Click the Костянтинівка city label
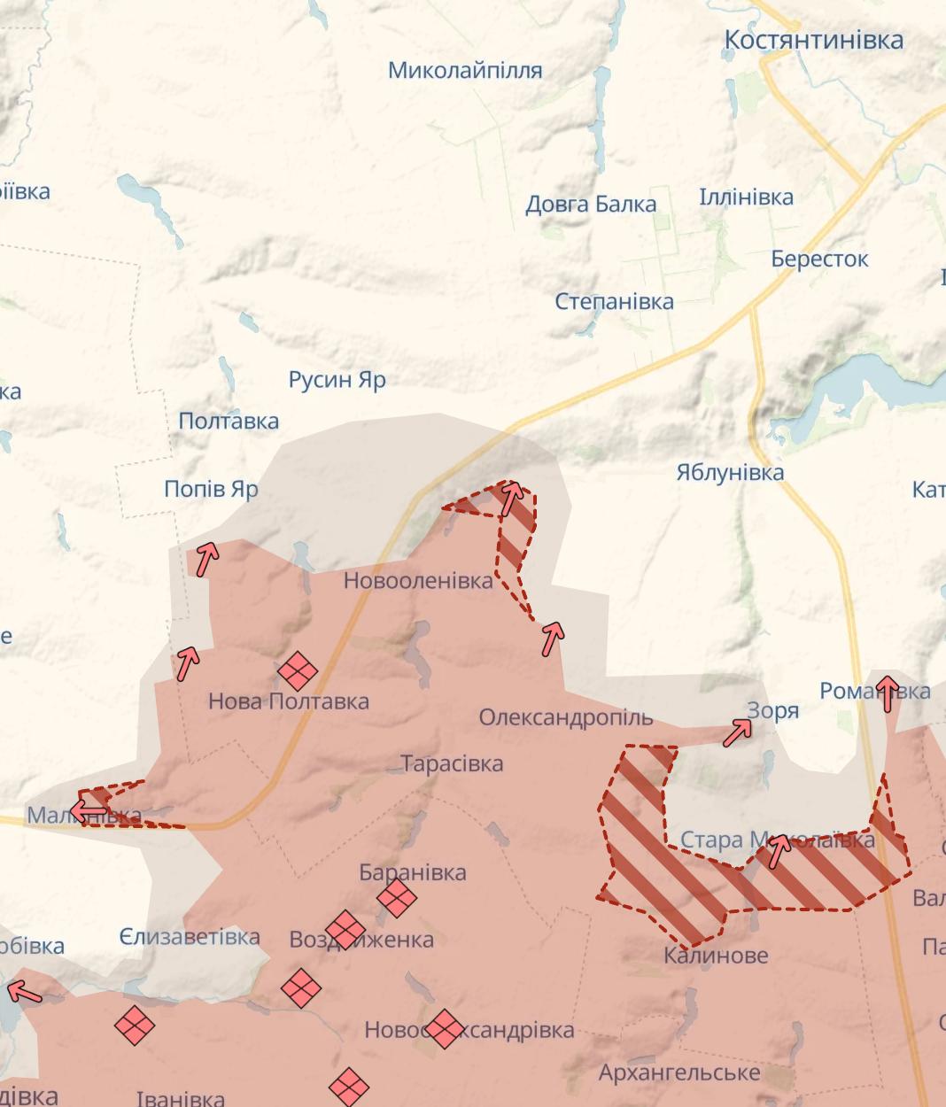coord(813,40)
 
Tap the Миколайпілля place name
coord(465,70)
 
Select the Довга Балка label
coord(591,205)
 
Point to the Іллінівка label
coord(746,197)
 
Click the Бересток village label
coord(819,259)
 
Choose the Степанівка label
coord(614,301)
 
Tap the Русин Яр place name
coord(337,380)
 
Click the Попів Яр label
coord(211,489)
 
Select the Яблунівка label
coord(730,472)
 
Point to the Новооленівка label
coord(418,581)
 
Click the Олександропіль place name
coord(565,717)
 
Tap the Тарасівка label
coord(452,763)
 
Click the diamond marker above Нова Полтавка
coord(297,671)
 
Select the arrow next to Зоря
coord(738,732)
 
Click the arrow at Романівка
coord(887,693)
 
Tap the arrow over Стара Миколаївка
coord(779,850)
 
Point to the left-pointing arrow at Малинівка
coord(89,810)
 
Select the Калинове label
coord(716,956)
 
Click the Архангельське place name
coord(679,1073)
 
